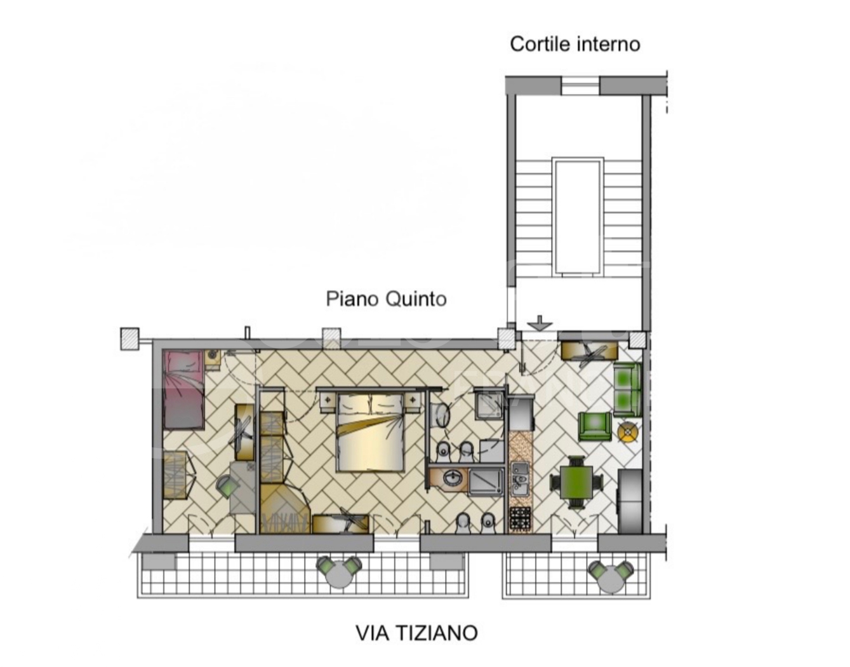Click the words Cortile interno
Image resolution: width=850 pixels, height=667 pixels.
pos(574,44)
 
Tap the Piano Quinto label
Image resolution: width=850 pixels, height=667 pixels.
pos(386,299)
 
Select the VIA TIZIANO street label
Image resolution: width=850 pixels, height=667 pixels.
pos(416,633)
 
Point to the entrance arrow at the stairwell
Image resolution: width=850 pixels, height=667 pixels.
pos(540,323)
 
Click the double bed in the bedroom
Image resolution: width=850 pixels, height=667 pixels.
pos(370,432)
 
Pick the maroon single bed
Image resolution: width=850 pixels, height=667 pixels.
pos(183,389)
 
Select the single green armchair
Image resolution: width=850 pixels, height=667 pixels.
pos(594,426)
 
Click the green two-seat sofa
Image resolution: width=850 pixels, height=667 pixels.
pos(627,388)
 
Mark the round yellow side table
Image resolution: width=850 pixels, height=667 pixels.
pos(628,432)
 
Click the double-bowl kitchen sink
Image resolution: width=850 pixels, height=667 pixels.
pos(520,478)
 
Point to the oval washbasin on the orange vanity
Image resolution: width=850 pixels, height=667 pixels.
pos(453,478)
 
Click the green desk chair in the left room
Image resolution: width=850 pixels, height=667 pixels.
pos(227,487)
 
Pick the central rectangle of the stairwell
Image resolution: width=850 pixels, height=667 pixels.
pos(577,217)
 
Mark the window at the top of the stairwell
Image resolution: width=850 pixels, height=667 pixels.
pos(580,85)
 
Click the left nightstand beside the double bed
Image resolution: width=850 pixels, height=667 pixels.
pos(328,400)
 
